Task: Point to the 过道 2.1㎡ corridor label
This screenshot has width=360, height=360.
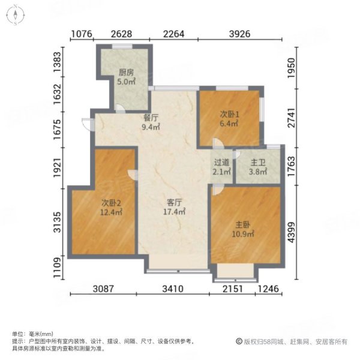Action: coord(221,166)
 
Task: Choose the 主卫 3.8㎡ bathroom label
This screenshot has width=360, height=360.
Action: coord(257,166)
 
